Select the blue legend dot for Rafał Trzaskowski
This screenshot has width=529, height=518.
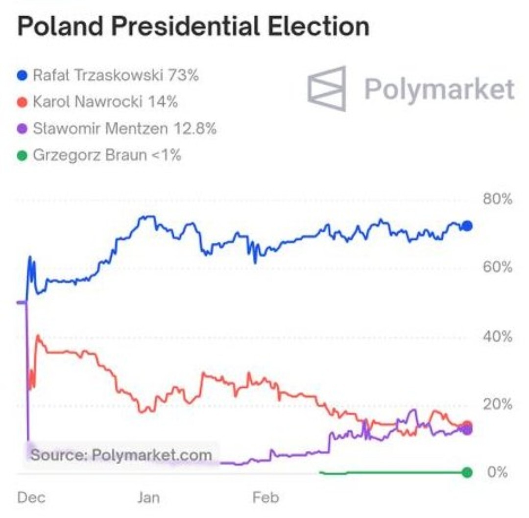click(x=22, y=76)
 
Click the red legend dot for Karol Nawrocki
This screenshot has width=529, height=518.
click(x=22, y=102)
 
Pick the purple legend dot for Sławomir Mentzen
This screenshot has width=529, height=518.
click(x=22, y=129)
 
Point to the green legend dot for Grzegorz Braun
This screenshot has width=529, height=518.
click(x=22, y=156)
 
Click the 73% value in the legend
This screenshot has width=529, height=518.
click(x=183, y=76)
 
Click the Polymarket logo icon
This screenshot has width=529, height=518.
click(x=327, y=89)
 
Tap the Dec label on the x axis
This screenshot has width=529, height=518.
click(x=31, y=498)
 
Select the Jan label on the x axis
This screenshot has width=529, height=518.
click(x=148, y=498)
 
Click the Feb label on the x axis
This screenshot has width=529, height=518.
click(x=265, y=498)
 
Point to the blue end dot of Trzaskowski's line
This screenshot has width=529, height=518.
click(x=467, y=226)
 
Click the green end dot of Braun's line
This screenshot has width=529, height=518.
click(x=467, y=472)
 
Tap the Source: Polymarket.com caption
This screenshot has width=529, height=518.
click(x=121, y=455)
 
